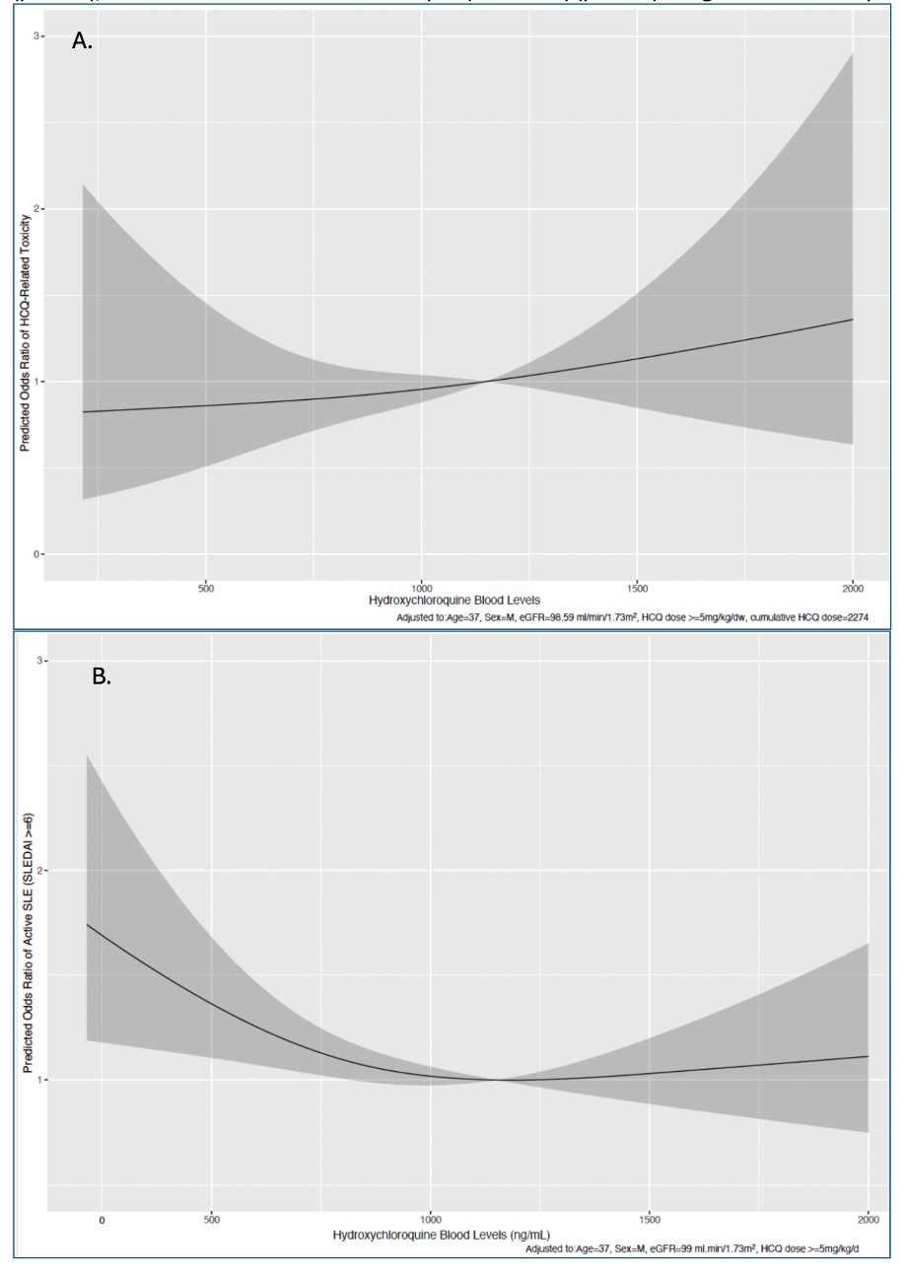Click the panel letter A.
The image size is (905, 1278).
[x=82, y=41]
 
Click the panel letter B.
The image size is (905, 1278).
[x=102, y=676]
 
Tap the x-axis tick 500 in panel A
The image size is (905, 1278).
[x=206, y=590]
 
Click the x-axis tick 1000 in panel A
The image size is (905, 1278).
[x=421, y=590]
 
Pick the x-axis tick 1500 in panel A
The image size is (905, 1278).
[x=636, y=590]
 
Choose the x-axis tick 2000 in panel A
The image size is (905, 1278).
[x=852, y=590]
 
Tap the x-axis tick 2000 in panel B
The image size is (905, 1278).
[x=868, y=1221]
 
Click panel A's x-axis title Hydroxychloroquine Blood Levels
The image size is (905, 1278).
[x=454, y=601]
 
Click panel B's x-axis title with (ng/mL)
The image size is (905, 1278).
[x=442, y=1235]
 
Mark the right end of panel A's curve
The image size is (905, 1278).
[x=853, y=319]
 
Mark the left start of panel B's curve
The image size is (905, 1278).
[x=88, y=924]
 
